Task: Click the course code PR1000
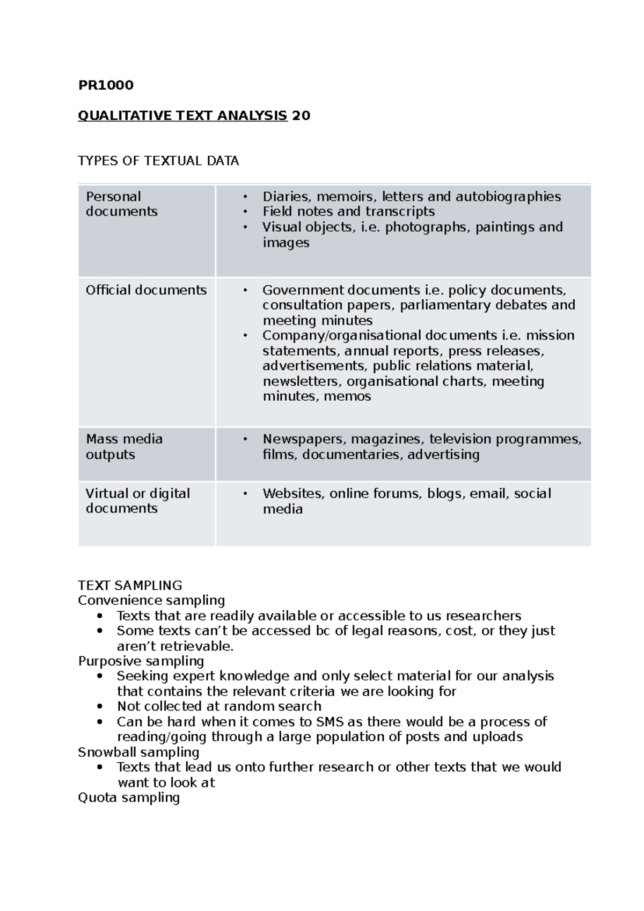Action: [x=106, y=85]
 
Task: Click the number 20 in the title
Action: [x=301, y=115]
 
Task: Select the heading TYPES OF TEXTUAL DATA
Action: [x=158, y=161]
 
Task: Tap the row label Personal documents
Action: [x=121, y=204]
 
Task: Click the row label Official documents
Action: [x=146, y=290]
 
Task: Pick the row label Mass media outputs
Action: [x=124, y=446]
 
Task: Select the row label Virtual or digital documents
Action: [x=137, y=501]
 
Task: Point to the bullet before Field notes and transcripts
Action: [x=245, y=212]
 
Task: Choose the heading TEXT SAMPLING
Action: [x=130, y=585]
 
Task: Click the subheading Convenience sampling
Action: [x=151, y=600]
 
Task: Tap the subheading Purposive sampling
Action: [x=141, y=661]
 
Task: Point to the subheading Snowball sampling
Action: [x=138, y=752]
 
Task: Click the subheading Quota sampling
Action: [x=129, y=797]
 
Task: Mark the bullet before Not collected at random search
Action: [x=100, y=706]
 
